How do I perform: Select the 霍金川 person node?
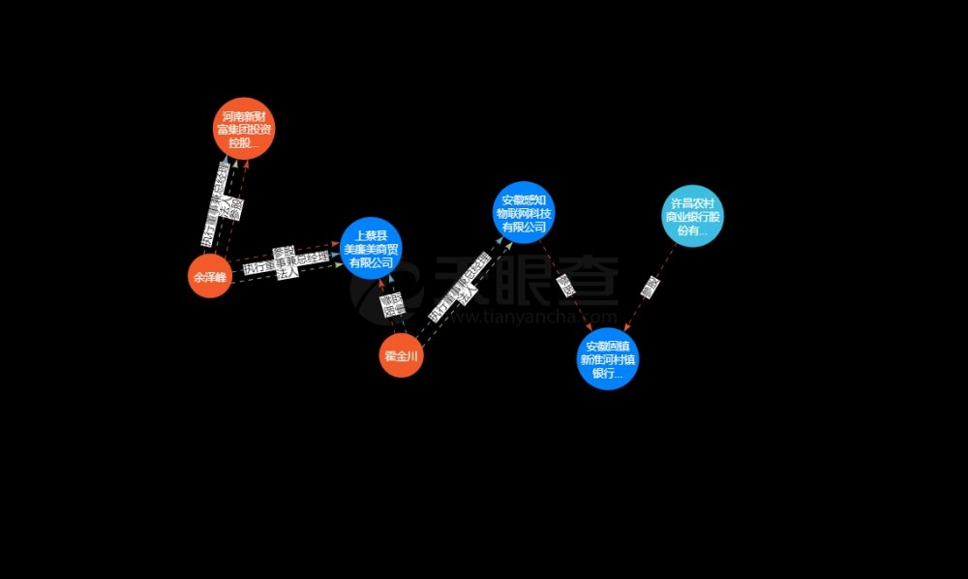[401, 356]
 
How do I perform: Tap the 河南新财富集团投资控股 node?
[244, 129]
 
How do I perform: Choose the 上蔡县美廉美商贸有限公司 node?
[371, 248]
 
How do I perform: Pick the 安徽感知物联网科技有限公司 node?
[524, 213]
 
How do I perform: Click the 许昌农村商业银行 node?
[692, 217]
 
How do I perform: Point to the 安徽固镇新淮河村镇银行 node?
[608, 359]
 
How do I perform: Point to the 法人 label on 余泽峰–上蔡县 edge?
[287, 274]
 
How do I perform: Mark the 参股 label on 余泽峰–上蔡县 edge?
[282, 252]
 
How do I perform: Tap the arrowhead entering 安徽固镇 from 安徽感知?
[591, 330]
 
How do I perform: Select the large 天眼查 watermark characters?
[528, 281]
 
